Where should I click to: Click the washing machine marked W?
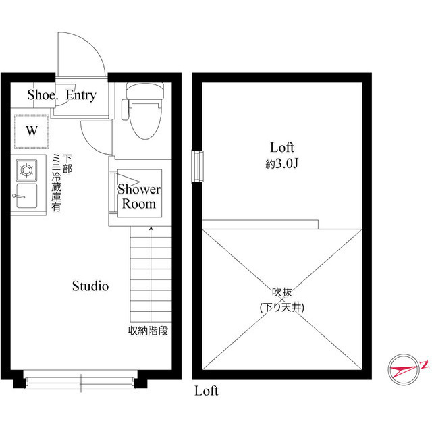[x=31, y=131]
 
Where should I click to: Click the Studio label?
[x=90, y=286]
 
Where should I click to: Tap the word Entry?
[x=81, y=95]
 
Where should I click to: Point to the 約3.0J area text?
[x=282, y=163]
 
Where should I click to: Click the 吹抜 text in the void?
[x=282, y=293]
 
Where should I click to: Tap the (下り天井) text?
[x=282, y=307]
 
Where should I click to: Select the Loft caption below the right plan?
[x=207, y=391]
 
